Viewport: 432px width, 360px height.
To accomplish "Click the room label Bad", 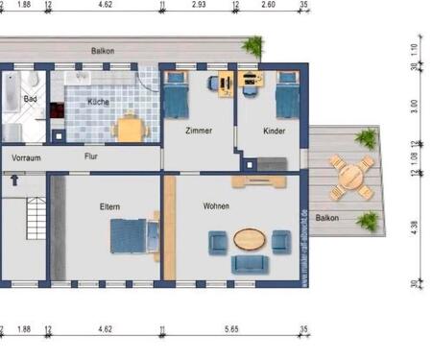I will [30, 98].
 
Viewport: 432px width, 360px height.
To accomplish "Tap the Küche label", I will [98, 101].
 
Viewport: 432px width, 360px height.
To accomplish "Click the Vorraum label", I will [26, 156].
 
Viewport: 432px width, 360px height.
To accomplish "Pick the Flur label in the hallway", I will [91, 156].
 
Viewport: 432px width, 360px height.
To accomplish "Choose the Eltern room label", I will [109, 205].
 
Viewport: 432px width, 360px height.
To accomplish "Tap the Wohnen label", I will [216, 205].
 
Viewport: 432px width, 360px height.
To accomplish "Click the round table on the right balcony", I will [351, 177].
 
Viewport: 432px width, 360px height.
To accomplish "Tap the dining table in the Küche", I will [129, 128].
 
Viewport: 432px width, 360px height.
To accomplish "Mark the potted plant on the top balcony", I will [253, 45].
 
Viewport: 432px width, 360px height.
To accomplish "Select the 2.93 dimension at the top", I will [199, 5].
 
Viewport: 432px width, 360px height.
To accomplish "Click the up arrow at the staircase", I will [14, 179].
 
